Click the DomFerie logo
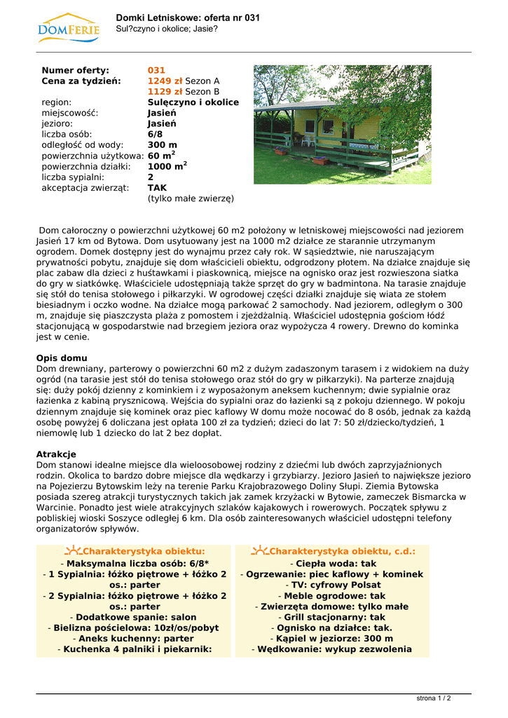[69, 28]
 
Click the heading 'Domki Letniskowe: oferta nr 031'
[188, 18]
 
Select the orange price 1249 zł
[165, 81]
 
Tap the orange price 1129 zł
[165, 92]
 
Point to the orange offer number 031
[156, 71]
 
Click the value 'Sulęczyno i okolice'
[193, 102]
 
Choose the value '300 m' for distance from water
[163, 145]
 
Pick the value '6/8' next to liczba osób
[155, 135]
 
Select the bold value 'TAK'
[157, 188]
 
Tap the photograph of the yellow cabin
[342, 125]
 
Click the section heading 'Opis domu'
[62, 358]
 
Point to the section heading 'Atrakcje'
[56, 454]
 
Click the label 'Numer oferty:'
[76, 71]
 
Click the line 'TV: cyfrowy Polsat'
[332, 585]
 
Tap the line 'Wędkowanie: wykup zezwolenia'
[332, 649]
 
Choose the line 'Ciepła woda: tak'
[332, 564]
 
